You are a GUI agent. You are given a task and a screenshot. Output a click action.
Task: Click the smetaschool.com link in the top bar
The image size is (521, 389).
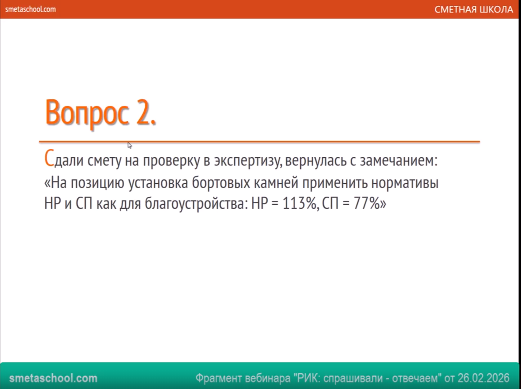click(30, 9)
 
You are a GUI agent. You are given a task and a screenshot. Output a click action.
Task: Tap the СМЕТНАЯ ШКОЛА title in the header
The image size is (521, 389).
click(473, 9)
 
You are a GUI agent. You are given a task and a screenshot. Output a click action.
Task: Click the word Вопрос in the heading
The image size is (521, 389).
click(87, 113)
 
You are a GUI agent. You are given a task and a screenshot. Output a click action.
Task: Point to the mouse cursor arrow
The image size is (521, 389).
click(130, 145)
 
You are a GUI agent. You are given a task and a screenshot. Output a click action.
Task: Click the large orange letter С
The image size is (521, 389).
click(49, 158)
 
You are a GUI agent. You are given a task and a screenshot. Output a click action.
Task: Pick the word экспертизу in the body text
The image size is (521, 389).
click(248, 161)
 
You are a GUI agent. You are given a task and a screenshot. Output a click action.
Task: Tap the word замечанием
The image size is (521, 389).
click(398, 160)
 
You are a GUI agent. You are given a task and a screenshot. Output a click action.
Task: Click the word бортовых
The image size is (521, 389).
click(221, 183)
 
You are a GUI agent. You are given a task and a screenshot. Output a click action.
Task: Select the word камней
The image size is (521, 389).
click(276, 183)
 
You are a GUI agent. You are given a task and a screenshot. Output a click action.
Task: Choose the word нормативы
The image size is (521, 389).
click(405, 183)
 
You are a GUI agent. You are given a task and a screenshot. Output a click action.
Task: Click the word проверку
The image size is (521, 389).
click(172, 161)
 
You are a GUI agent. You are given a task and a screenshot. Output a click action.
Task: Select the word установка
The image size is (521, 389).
click(158, 183)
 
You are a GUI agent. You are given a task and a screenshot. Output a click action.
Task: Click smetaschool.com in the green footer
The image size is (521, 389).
click(53, 378)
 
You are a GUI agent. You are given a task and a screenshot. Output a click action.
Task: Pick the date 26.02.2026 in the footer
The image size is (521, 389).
click(484, 378)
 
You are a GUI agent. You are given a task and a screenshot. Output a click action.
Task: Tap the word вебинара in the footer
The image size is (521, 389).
click(268, 378)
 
